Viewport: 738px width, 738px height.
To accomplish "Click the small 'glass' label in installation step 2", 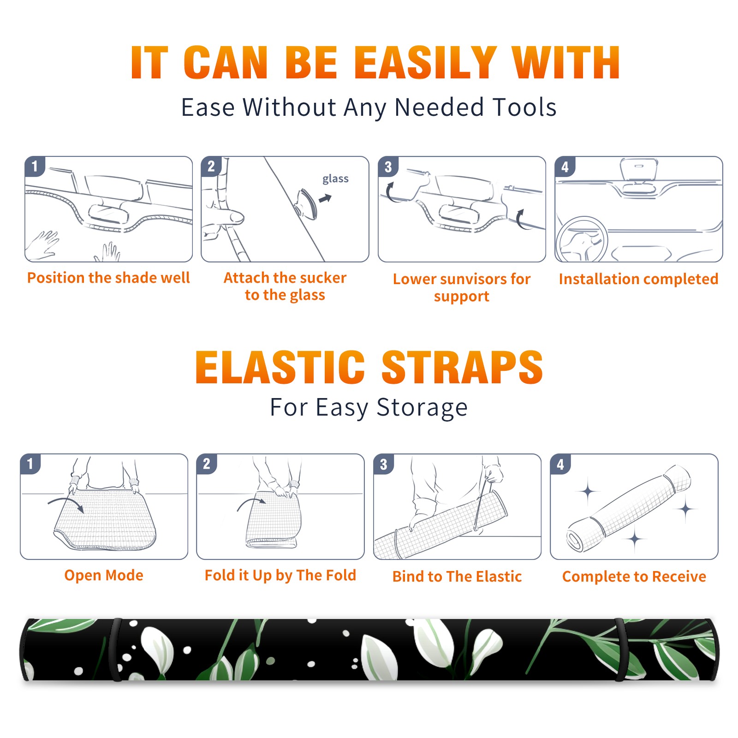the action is point(335,179).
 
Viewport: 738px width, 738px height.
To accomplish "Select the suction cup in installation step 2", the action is point(306,203).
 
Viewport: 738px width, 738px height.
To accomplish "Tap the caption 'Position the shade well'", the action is point(108,278).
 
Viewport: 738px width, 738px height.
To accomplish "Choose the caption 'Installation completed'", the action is point(638,279).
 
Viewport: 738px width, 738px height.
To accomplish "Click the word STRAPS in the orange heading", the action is point(462,367).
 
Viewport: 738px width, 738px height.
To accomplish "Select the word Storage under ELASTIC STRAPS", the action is point(422,408).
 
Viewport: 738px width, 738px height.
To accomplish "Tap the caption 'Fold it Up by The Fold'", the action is point(280,575).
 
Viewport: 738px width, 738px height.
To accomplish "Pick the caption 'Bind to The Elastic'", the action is point(457,577).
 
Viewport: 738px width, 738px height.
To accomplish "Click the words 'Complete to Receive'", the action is point(634,577).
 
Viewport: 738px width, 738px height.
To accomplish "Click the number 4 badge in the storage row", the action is point(560,464).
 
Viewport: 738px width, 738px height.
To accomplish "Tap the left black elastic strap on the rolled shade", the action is point(116,649).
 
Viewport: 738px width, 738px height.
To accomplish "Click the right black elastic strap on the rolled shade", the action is point(620,649).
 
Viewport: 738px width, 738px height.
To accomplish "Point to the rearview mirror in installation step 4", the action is point(638,170).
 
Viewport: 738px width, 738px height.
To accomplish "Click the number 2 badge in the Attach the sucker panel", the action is point(211,167).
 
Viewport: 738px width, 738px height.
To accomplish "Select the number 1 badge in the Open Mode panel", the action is point(30,464).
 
